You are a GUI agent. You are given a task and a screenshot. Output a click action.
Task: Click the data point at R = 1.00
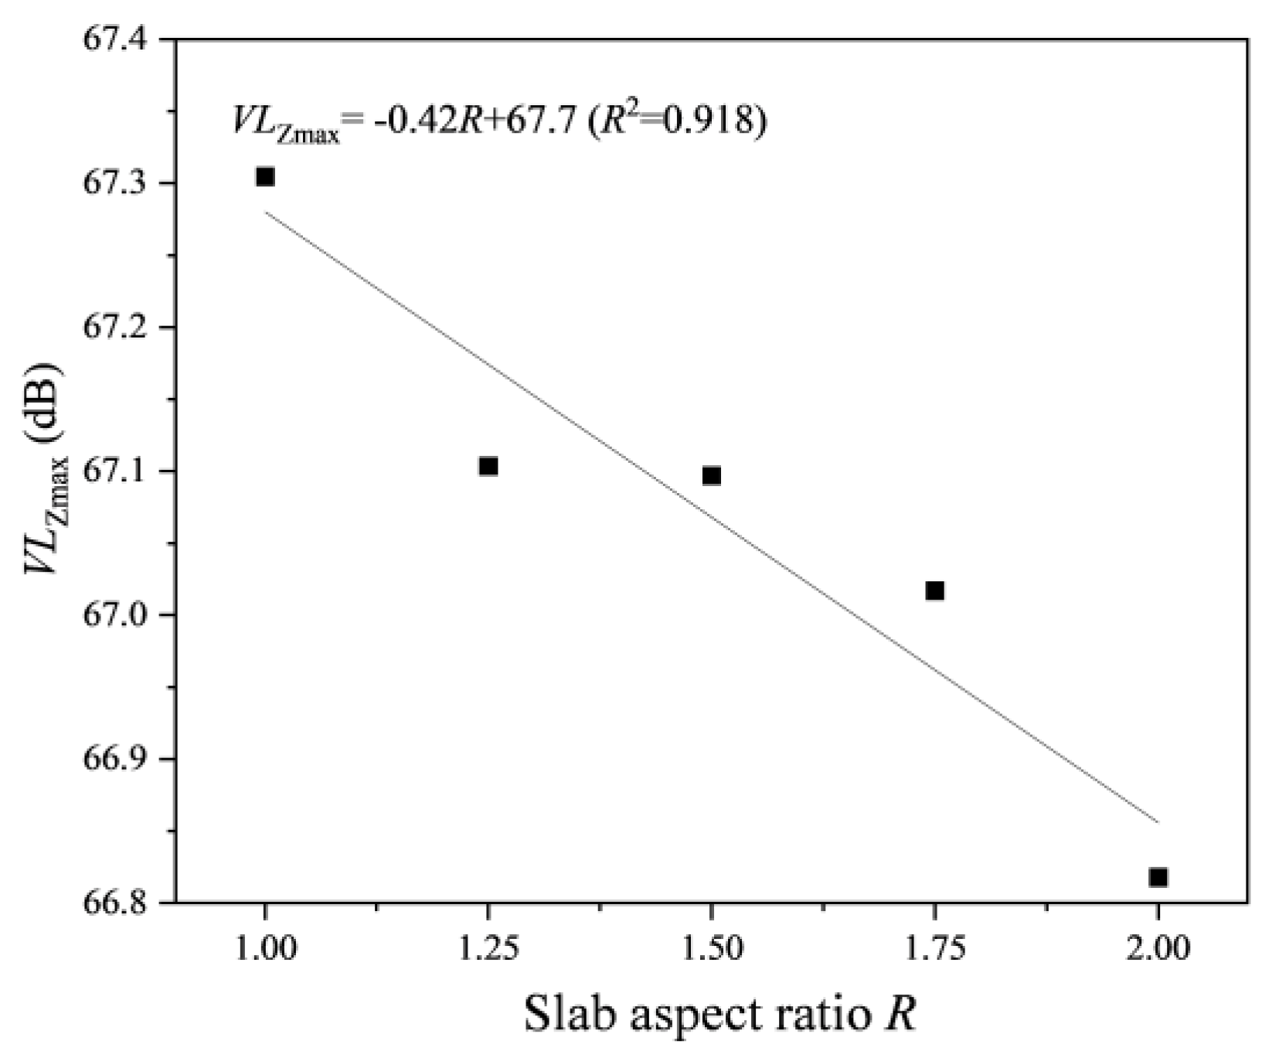(265, 177)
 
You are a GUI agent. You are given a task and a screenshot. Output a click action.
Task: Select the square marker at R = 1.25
(488, 466)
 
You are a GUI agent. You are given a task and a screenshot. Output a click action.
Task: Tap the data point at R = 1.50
(712, 475)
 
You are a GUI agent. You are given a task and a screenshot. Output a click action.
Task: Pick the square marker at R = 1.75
(935, 591)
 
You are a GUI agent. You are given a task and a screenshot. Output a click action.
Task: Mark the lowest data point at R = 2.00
(1158, 877)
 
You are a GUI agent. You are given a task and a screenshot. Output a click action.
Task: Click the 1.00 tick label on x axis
(265, 948)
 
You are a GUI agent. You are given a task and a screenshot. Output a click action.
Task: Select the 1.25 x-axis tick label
(488, 948)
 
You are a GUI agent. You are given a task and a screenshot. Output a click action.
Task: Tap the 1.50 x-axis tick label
(712, 948)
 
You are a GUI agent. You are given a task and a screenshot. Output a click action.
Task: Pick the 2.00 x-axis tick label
(1158, 948)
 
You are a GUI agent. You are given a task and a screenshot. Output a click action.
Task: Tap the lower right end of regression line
(1157, 821)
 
